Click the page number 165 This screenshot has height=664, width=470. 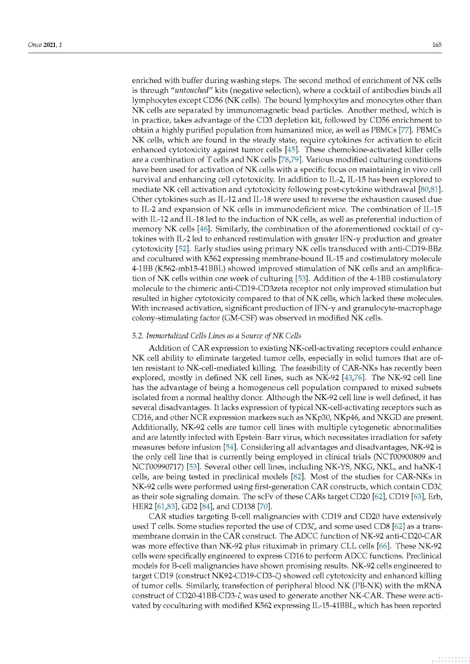[x=436, y=45]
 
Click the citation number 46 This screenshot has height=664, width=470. [x=204, y=229]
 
